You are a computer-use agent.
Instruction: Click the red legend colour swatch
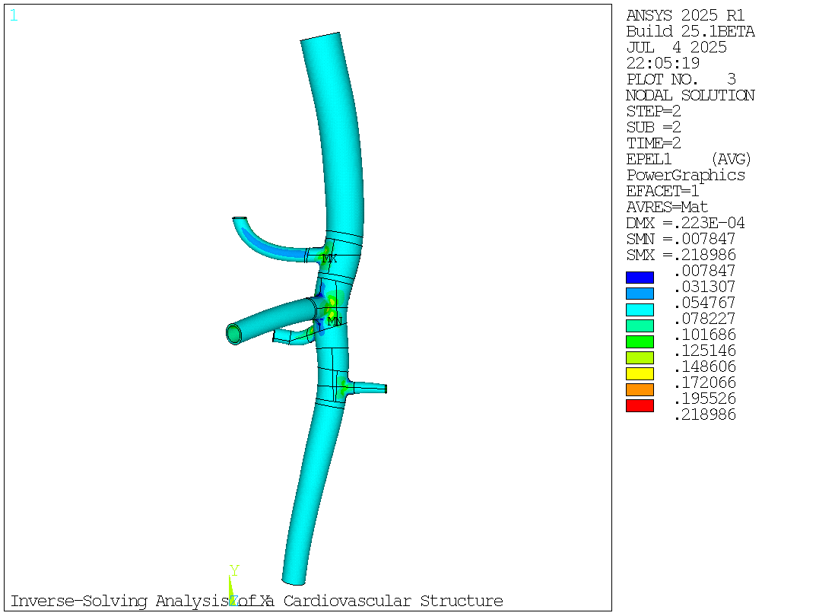tap(640, 406)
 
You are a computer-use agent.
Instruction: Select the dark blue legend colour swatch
tap(640, 278)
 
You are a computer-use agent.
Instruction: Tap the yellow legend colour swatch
tap(640, 373)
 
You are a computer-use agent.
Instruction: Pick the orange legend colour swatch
tap(640, 389)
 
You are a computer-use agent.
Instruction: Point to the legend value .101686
tap(705, 335)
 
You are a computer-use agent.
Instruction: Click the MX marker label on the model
tap(329, 259)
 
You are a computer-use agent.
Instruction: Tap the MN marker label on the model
tap(335, 322)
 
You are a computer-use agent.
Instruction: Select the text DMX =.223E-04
tap(685, 223)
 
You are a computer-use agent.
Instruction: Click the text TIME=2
tap(653, 143)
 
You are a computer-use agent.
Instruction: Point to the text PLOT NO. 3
tap(681, 79)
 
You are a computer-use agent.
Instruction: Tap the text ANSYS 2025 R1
tap(685, 15)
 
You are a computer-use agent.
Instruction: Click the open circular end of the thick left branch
tap(234, 333)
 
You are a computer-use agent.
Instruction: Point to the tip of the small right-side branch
tap(386, 389)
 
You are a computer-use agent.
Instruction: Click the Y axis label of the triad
tap(234, 570)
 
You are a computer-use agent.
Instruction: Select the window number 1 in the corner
tap(13, 15)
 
